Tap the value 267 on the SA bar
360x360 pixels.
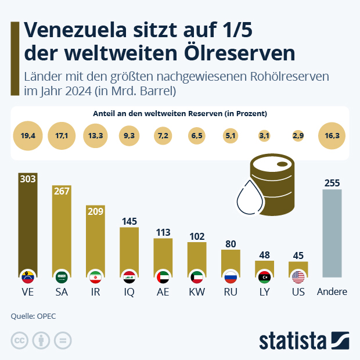[x=62, y=192]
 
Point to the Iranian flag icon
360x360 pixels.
[x=95, y=276]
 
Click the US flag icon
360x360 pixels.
[x=298, y=276]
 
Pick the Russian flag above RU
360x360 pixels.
[x=231, y=276]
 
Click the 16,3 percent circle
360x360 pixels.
[x=333, y=135]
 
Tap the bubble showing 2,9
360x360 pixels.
[x=298, y=135]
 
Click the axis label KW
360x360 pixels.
[x=197, y=292]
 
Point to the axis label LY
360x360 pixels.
[x=264, y=292]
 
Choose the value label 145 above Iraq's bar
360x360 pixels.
[x=129, y=221]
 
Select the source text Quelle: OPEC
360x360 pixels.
[x=34, y=316]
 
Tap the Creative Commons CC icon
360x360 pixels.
[x=20, y=340]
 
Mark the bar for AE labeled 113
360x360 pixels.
[x=163, y=255]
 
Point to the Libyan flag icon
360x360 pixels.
[x=264, y=276]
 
